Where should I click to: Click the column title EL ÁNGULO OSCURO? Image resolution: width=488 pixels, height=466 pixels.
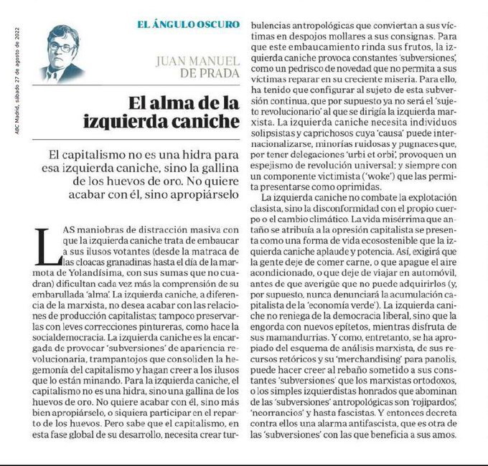[x=188, y=24]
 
